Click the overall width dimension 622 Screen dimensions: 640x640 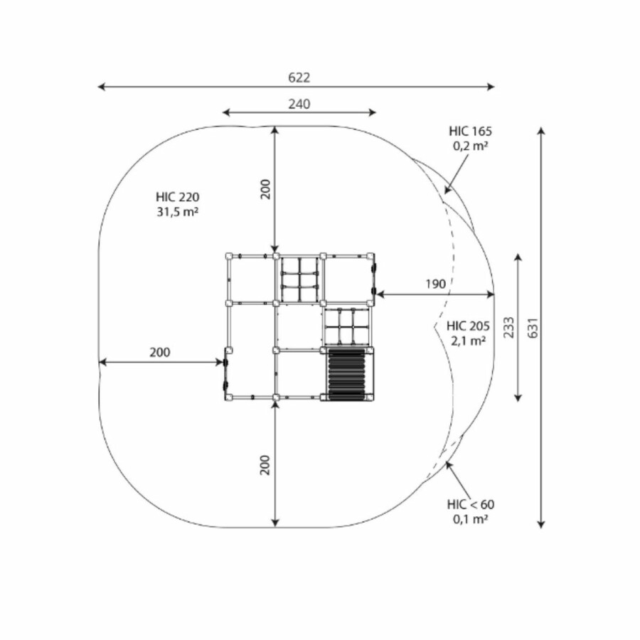(299, 78)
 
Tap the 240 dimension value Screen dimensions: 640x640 (299, 104)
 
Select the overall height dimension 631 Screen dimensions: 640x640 (533, 328)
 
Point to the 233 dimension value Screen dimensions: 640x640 (508, 327)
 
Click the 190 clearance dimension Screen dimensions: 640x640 (435, 284)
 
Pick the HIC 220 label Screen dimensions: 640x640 (178, 197)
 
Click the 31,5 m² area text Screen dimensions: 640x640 (178, 212)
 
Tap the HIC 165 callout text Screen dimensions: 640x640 (471, 131)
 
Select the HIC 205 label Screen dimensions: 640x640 (468, 326)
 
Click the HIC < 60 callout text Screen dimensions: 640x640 (471, 504)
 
